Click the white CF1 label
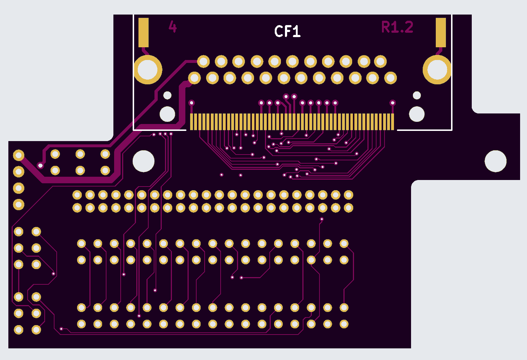point(287,32)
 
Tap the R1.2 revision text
point(397,27)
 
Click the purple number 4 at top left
point(173,27)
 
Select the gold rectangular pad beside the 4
point(144,33)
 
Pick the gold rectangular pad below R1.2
point(440,33)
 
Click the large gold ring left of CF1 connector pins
point(148,70)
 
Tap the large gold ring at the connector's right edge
point(437,69)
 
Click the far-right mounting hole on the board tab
point(495,161)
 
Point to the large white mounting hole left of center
point(144,161)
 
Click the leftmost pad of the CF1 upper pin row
point(203,61)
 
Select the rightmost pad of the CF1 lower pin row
point(390,78)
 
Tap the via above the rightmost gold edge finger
point(393,103)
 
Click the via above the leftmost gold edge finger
point(192,103)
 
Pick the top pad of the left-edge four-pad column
point(19,155)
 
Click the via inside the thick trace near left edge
point(40,166)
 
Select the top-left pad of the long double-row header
point(77,195)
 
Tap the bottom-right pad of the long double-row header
point(348,208)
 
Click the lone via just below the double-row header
point(322,219)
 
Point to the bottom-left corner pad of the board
point(19,330)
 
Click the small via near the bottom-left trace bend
point(61,329)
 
